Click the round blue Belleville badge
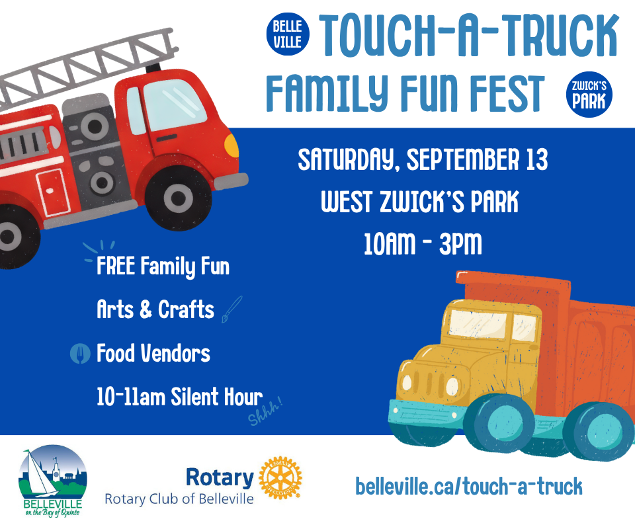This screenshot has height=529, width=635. tap(288, 34)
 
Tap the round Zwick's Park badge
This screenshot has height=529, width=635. tap(589, 95)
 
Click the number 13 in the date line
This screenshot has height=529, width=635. tap(537, 159)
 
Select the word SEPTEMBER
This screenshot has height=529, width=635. tap(462, 159)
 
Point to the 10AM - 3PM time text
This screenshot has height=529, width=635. tap(423, 243)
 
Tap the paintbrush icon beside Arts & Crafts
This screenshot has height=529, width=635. tap(232, 309)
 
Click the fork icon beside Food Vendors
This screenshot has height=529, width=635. tap(80, 353)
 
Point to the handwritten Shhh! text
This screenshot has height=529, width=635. tap(265, 411)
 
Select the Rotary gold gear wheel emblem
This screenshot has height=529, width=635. tap(280, 477)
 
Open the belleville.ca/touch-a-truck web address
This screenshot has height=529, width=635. tap(468, 486)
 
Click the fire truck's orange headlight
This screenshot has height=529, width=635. tap(232, 145)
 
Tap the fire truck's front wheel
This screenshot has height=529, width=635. tap(178, 198)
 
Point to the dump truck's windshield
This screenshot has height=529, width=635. tap(478, 323)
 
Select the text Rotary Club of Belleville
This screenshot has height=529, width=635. tap(179, 499)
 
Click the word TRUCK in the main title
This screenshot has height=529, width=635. tap(560, 35)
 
